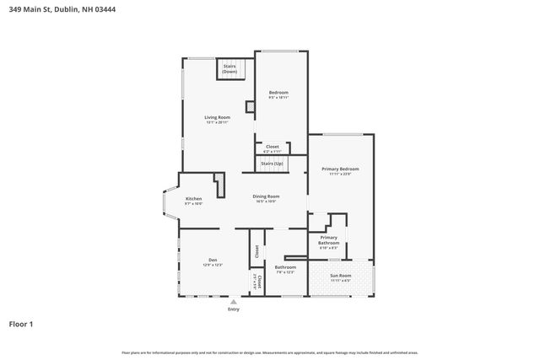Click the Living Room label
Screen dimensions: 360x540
click(217, 117)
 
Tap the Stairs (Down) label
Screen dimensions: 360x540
click(229, 69)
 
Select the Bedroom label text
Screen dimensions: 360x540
click(278, 92)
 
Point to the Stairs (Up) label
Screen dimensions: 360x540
click(272, 163)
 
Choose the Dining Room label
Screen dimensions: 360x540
click(267, 196)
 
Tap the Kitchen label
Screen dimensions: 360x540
click(194, 198)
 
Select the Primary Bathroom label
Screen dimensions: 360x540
click(328, 240)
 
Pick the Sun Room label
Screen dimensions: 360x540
click(340, 275)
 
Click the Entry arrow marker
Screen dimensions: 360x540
click(234, 301)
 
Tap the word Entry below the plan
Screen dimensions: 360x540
click(234, 309)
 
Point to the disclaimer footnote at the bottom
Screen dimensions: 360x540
click(270, 352)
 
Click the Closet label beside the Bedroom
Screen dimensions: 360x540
click(272, 147)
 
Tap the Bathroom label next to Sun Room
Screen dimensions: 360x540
click(284, 267)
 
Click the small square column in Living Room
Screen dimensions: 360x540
click(250, 107)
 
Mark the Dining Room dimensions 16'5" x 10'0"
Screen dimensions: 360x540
click(267, 201)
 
